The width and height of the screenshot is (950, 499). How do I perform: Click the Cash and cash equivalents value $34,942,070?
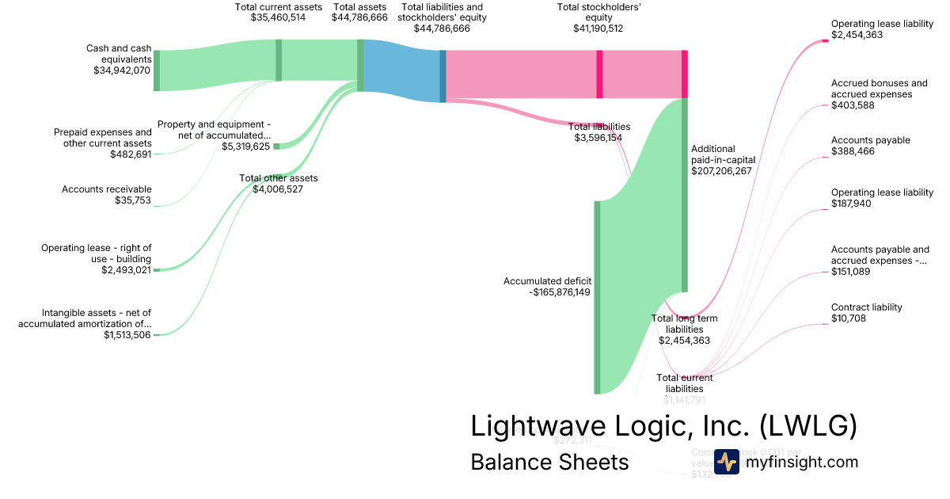pos(122,70)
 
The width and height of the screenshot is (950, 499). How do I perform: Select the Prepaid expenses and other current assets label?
pos(103,138)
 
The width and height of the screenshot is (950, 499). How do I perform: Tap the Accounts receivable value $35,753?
pos(133,200)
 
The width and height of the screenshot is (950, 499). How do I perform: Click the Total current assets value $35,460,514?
pos(278,17)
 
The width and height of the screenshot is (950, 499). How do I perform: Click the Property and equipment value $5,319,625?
pos(245,147)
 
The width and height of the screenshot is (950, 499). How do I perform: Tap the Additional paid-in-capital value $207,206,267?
pos(721,170)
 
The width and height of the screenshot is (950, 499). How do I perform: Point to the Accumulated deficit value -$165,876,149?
pos(560,291)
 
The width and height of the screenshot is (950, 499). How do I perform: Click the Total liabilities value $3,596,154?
pos(598,138)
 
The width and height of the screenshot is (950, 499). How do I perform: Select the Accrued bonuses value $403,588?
pos(853,105)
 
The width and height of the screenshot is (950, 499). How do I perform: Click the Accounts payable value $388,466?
pos(853,151)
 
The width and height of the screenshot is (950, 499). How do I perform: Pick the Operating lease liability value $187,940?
pos(853,204)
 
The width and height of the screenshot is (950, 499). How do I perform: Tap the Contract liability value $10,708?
pos(849,318)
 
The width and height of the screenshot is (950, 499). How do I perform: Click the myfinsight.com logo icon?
pos(727,462)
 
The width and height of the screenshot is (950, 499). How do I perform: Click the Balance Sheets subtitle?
pos(549,462)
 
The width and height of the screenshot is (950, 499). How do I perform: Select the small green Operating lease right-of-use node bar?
pos(157,270)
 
